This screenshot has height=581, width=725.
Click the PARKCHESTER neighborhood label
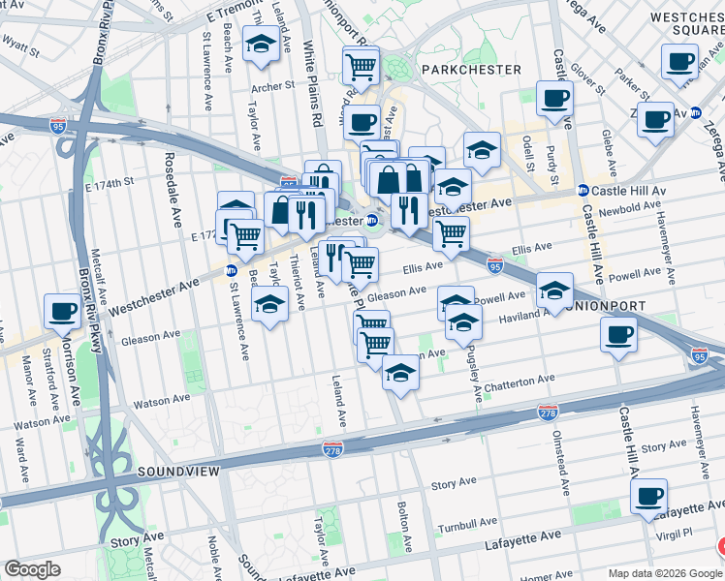click(470, 70)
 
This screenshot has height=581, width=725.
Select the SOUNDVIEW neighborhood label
click(179, 471)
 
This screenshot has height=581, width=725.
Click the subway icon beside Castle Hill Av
click(583, 191)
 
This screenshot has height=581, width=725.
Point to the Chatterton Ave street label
click(520, 382)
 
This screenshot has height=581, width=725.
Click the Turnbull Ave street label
click(465, 524)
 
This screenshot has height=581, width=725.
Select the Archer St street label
click(272, 86)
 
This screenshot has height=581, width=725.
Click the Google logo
click(32, 568)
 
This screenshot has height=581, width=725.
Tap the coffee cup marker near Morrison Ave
click(63, 312)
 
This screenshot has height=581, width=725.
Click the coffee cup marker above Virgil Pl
click(649, 496)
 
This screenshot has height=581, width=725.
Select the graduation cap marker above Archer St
click(260, 46)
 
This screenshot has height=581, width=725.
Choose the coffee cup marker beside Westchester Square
click(679, 61)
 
